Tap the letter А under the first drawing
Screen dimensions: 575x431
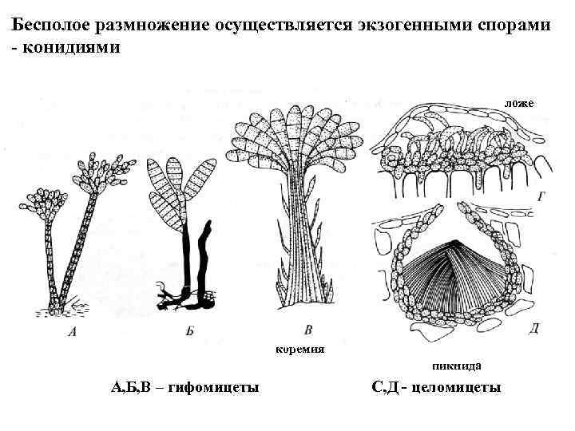click(x=73, y=334)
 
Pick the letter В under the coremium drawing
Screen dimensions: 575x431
click(x=308, y=329)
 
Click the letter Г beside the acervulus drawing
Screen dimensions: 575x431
click(x=541, y=195)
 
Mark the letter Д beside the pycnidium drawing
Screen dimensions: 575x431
click(x=534, y=327)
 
